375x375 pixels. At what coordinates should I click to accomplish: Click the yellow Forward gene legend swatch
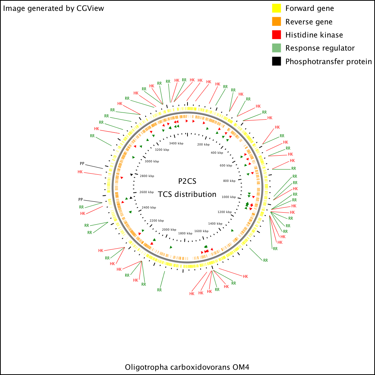(276, 8)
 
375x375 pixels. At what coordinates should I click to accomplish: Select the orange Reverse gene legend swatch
(276, 21)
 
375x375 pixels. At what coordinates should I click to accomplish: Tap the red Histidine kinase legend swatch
(276, 34)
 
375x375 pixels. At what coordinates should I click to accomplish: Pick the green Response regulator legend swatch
(276, 48)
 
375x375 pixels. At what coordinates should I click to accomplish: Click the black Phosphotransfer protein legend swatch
(276, 61)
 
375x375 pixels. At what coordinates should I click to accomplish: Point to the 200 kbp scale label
(203, 144)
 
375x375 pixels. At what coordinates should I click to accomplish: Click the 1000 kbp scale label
(229, 197)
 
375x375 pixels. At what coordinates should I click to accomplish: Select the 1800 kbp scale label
(185, 233)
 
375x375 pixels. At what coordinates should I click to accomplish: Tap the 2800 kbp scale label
(147, 176)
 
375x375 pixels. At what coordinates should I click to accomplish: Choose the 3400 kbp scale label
(176, 144)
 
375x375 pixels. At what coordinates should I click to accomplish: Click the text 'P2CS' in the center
(187, 181)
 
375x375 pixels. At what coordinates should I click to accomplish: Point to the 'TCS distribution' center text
(187, 194)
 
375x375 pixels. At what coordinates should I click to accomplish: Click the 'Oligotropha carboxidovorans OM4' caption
(187, 367)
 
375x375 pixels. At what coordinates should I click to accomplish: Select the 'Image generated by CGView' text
(54, 8)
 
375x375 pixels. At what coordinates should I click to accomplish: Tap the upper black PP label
(82, 163)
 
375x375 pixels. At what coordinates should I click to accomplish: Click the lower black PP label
(81, 199)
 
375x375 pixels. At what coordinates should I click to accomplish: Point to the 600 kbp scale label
(226, 165)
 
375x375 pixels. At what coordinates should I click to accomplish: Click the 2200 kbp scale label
(157, 221)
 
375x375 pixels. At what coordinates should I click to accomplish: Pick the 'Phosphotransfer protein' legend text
(328, 62)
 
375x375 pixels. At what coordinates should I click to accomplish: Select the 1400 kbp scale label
(215, 223)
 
